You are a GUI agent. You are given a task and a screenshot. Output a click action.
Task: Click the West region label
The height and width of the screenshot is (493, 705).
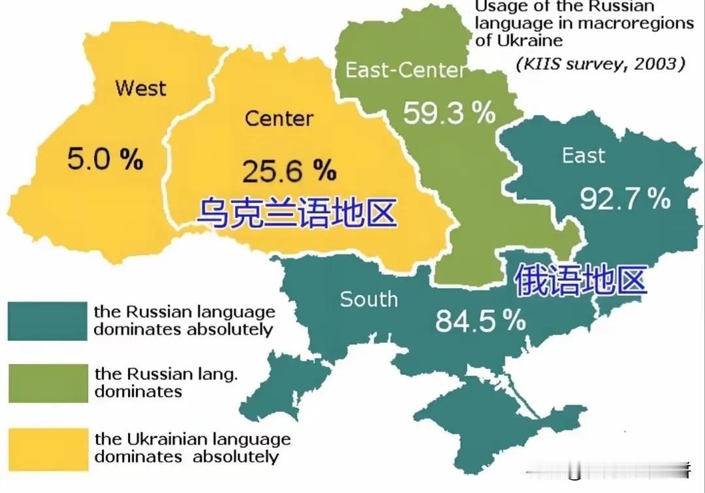[140, 88]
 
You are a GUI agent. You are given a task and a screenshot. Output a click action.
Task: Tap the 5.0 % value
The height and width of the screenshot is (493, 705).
[104, 159]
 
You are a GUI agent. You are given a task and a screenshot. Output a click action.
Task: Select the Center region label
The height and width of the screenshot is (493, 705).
[279, 119]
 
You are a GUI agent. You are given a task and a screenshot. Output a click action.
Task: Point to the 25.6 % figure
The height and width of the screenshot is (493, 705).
[289, 171]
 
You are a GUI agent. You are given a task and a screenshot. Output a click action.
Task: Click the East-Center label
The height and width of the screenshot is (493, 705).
[405, 71]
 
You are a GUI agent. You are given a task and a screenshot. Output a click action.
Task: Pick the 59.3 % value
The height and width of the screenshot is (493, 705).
[448, 113]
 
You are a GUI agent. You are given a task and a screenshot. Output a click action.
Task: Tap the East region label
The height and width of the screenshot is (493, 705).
[583, 155]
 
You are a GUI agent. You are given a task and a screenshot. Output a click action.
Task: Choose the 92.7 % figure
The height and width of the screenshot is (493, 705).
[625, 199]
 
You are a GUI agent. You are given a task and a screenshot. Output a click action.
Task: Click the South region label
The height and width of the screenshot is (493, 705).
[369, 300]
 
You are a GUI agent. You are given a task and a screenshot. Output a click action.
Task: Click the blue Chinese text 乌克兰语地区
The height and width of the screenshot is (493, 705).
[297, 213]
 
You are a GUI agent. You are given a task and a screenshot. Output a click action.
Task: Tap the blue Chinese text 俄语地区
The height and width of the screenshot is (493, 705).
[580, 281]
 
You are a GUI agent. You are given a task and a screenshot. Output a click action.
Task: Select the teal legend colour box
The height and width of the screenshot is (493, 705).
[47, 321]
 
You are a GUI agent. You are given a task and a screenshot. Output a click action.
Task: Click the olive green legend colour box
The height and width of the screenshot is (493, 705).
[47, 383]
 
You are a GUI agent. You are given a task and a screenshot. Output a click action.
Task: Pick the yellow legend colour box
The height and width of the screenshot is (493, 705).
[47, 449]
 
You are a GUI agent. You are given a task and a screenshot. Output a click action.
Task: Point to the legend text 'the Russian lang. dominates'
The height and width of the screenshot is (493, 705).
[165, 383]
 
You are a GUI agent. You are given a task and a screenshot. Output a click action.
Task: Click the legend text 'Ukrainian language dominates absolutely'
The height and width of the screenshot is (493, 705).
[193, 448]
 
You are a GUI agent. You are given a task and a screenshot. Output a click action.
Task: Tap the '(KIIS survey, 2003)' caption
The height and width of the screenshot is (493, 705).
[600, 64]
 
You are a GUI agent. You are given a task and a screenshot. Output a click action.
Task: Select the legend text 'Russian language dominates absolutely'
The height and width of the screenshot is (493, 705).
[184, 320]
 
